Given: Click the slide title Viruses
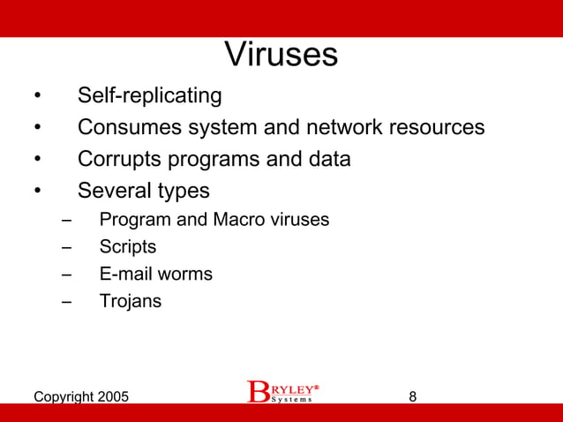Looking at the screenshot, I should coord(281,55).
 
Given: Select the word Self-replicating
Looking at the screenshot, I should coord(149,95).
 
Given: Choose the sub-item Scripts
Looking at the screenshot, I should coord(127,247).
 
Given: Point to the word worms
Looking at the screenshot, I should coord(185,275).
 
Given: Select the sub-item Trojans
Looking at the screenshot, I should coord(130,301).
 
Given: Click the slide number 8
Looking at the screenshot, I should coord(413,396).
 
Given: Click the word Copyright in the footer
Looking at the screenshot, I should coord(62,397).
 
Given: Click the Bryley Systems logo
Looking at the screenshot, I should coord(281,392).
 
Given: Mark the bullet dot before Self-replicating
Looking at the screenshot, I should coord(37,96).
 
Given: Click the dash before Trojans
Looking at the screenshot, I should coord(68,301).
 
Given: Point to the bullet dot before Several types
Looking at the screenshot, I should coord(37,192).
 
